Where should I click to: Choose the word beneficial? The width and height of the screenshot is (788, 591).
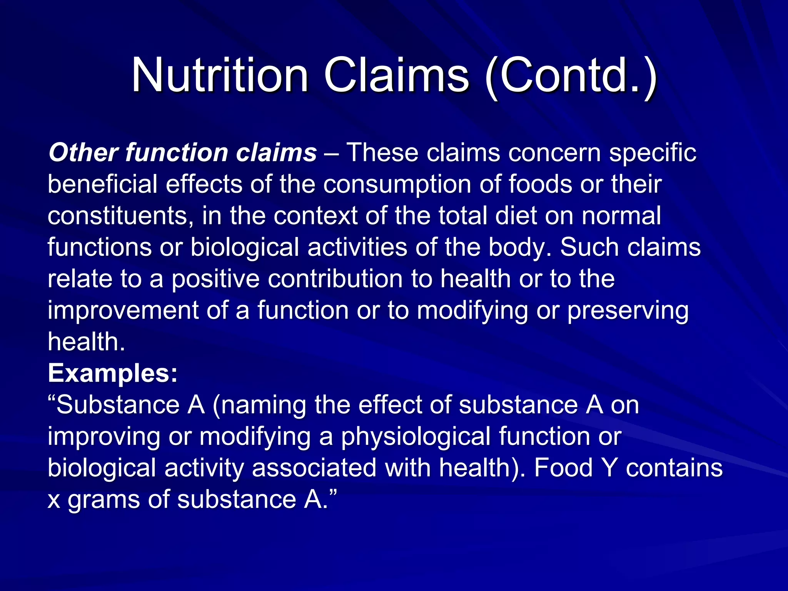pyautogui.click(x=102, y=184)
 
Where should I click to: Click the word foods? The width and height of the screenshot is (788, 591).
pyautogui.click(x=540, y=184)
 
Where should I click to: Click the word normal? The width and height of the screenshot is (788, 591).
pyautogui.click(x=621, y=215)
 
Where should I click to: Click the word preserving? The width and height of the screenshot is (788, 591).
pyautogui.click(x=628, y=311)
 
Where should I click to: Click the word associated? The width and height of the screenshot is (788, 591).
pyautogui.click(x=314, y=468)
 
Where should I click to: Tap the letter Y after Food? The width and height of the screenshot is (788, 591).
pyautogui.click(x=609, y=468)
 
